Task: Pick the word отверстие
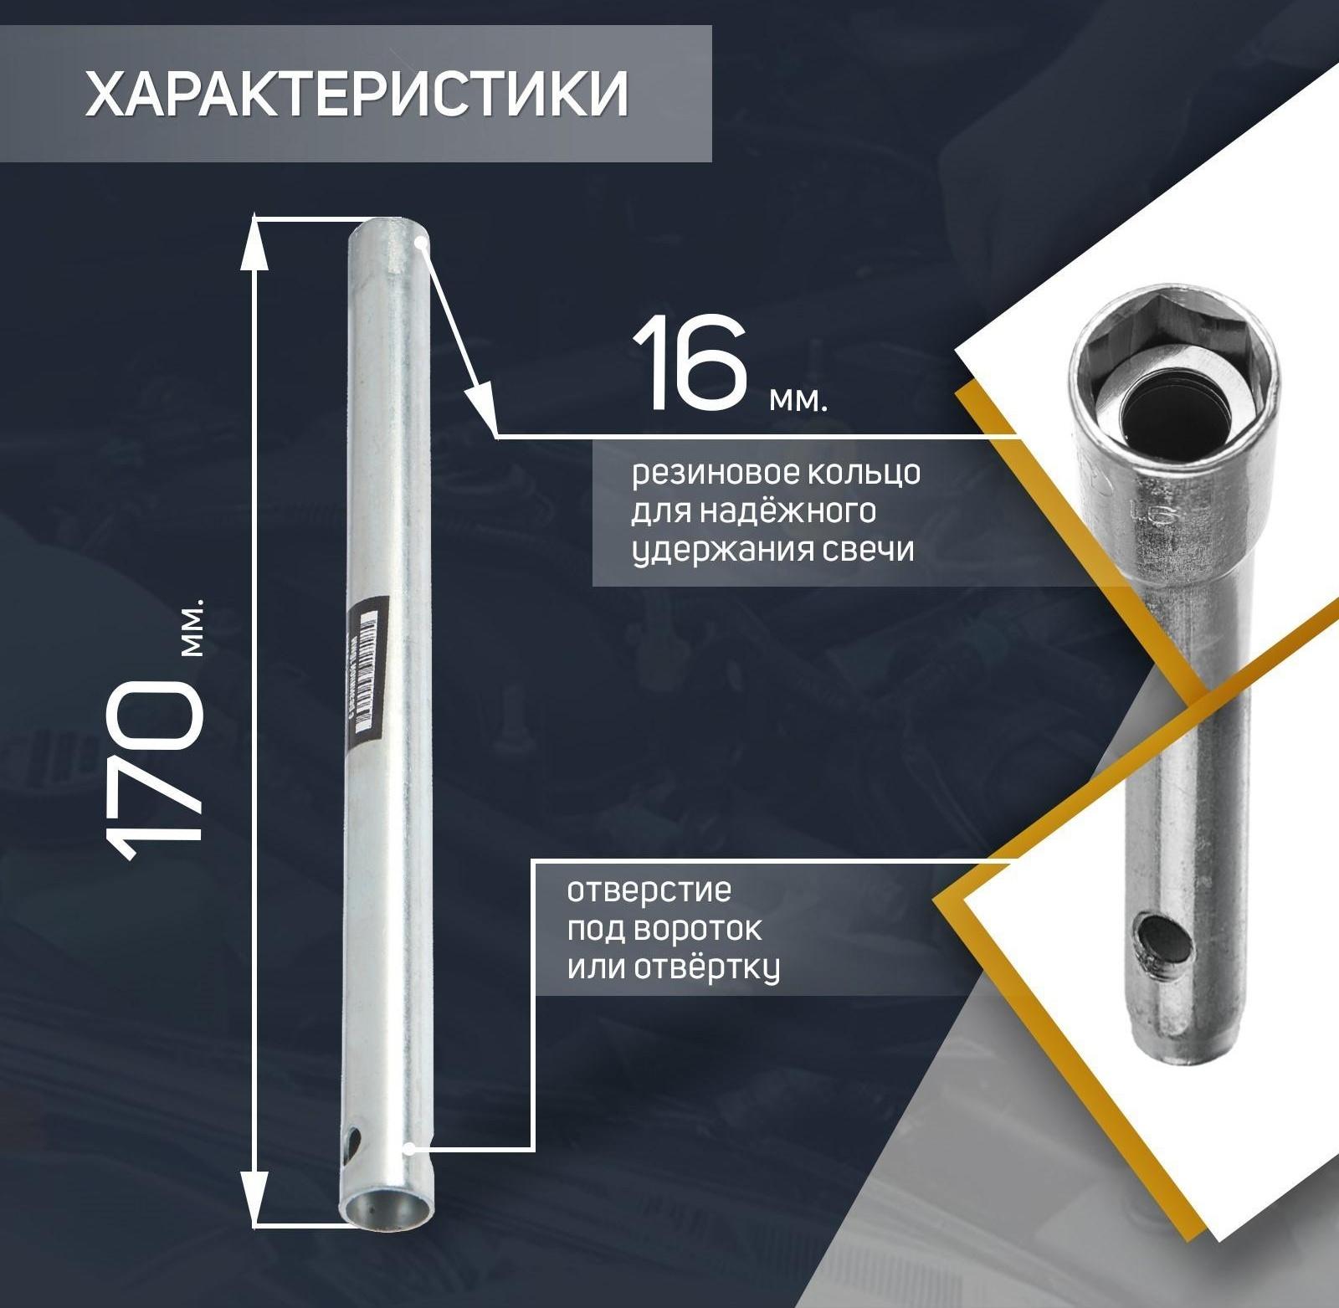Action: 649,890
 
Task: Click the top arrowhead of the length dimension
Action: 254,243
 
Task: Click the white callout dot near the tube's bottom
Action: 409,1149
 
